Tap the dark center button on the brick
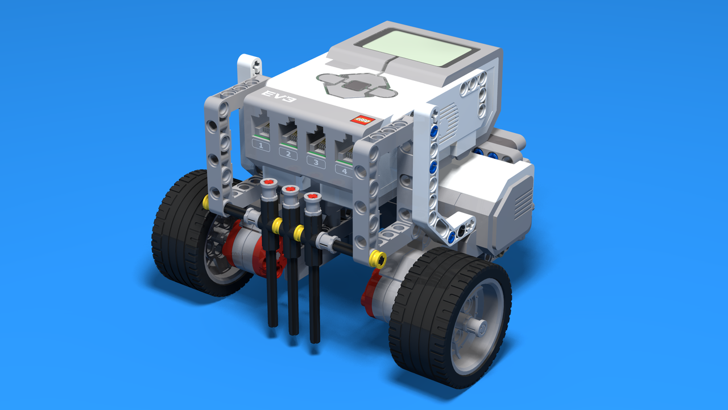click(x=355, y=85)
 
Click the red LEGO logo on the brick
click(x=362, y=120)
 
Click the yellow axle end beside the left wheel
click(x=206, y=201)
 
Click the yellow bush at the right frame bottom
click(x=377, y=260)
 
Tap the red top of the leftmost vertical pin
click(x=269, y=183)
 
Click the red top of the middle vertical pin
click(x=291, y=189)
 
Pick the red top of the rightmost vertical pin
click(x=311, y=197)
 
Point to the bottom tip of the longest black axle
click(x=315, y=341)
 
